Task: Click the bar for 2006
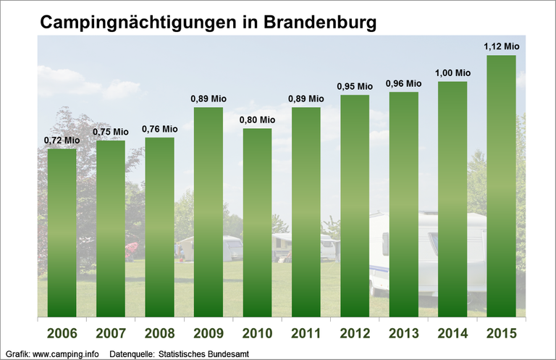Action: (62, 232)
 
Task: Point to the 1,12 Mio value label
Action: (501, 47)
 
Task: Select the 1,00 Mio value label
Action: (452, 73)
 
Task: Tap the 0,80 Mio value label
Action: (258, 120)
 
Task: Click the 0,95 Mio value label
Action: (355, 86)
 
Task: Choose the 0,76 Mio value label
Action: (160, 129)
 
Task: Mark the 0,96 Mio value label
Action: (403, 83)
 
